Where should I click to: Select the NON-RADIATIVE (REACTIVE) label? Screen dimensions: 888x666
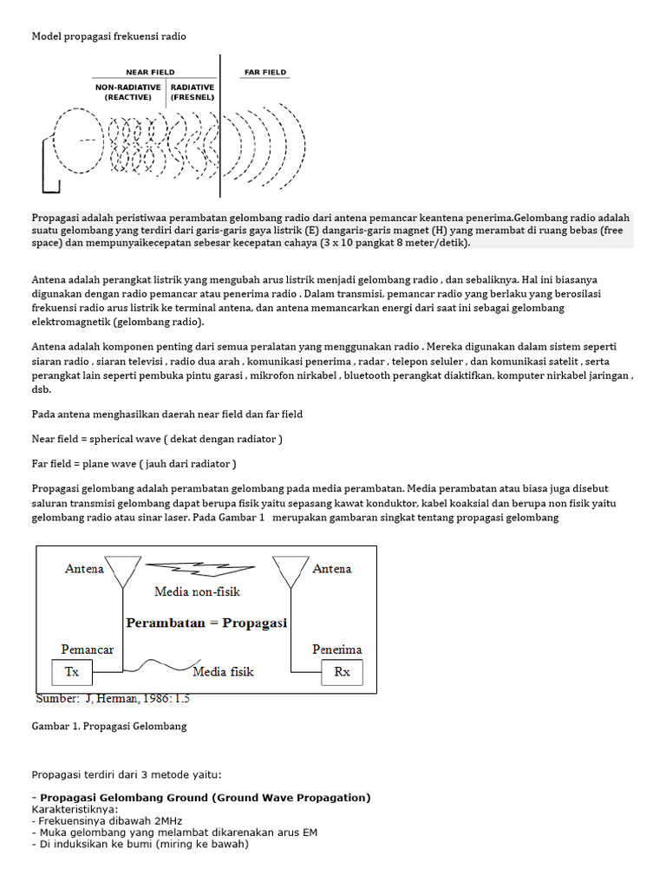[128, 93]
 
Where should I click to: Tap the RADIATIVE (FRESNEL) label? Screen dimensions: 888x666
[193, 93]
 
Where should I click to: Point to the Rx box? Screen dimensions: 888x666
[342, 672]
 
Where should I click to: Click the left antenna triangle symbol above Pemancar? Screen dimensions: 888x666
[123, 570]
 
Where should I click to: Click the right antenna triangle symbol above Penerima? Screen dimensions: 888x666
[291, 570]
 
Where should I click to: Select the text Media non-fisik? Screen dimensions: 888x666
[197, 592]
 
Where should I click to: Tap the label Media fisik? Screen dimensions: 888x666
[223, 671]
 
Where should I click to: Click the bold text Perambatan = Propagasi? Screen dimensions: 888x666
[206, 623]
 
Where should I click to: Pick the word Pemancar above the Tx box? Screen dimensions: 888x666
[88, 650]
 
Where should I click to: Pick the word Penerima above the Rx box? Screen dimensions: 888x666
[337, 650]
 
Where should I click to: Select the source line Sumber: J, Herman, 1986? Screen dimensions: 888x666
[113, 698]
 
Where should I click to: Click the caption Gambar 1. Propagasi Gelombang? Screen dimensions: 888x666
[109, 726]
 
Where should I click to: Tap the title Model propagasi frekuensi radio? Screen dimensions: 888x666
[109, 36]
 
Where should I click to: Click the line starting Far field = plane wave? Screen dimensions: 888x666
[134, 463]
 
